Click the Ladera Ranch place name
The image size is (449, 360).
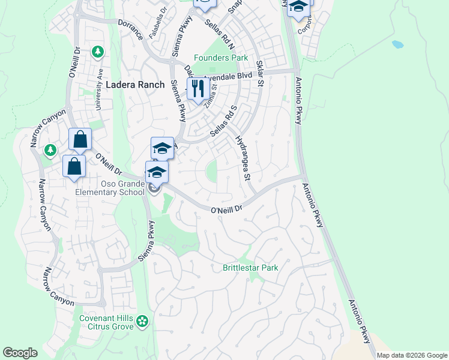click(x=134, y=85)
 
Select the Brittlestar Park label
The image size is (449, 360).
click(x=250, y=268)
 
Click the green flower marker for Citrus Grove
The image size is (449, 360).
click(x=142, y=322)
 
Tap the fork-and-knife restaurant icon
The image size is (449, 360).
click(x=196, y=89)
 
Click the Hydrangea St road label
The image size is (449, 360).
click(x=242, y=158)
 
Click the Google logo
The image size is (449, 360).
click(x=20, y=353)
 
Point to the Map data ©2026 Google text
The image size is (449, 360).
click(x=411, y=355)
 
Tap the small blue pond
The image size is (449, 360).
click(x=397, y=44)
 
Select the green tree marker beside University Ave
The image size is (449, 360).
click(x=97, y=52)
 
